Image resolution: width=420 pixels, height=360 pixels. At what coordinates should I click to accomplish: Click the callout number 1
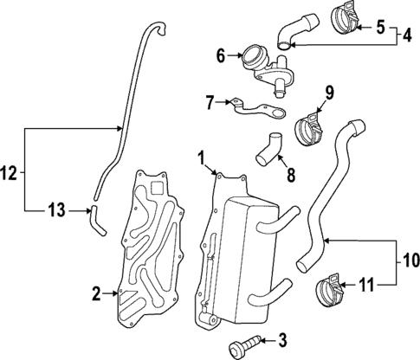[x=201, y=157]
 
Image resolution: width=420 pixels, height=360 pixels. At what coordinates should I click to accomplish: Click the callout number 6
[x=221, y=57]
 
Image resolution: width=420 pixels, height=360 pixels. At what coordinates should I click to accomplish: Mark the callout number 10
[x=407, y=259]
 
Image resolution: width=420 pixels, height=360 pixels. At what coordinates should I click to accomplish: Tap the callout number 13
[x=54, y=210]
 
